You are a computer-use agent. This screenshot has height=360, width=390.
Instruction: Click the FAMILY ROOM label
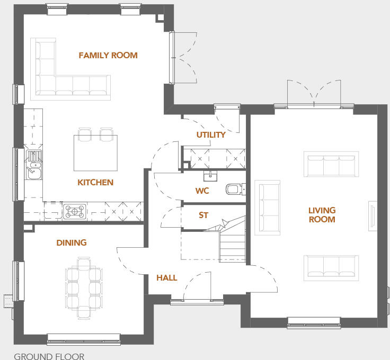click(108, 55)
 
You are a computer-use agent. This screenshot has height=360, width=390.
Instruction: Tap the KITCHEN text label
click(95, 182)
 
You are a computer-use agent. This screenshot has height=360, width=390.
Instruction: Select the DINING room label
click(72, 242)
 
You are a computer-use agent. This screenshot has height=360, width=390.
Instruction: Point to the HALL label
click(166, 277)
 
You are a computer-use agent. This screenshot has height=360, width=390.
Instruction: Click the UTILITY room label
click(211, 134)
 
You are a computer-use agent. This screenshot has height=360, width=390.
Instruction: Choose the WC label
click(202, 191)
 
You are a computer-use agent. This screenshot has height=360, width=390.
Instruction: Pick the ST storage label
click(203, 215)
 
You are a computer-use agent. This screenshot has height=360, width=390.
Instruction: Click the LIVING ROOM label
click(322, 214)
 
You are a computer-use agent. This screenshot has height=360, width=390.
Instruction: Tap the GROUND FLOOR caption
click(49, 356)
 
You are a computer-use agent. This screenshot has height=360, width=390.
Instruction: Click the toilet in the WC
click(234, 189)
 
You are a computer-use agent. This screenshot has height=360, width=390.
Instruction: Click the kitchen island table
click(95, 150)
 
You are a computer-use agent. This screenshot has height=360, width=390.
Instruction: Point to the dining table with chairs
click(84, 287)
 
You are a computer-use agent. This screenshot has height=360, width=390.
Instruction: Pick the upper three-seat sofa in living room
click(330, 164)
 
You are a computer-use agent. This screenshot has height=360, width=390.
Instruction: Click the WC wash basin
click(215, 174)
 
